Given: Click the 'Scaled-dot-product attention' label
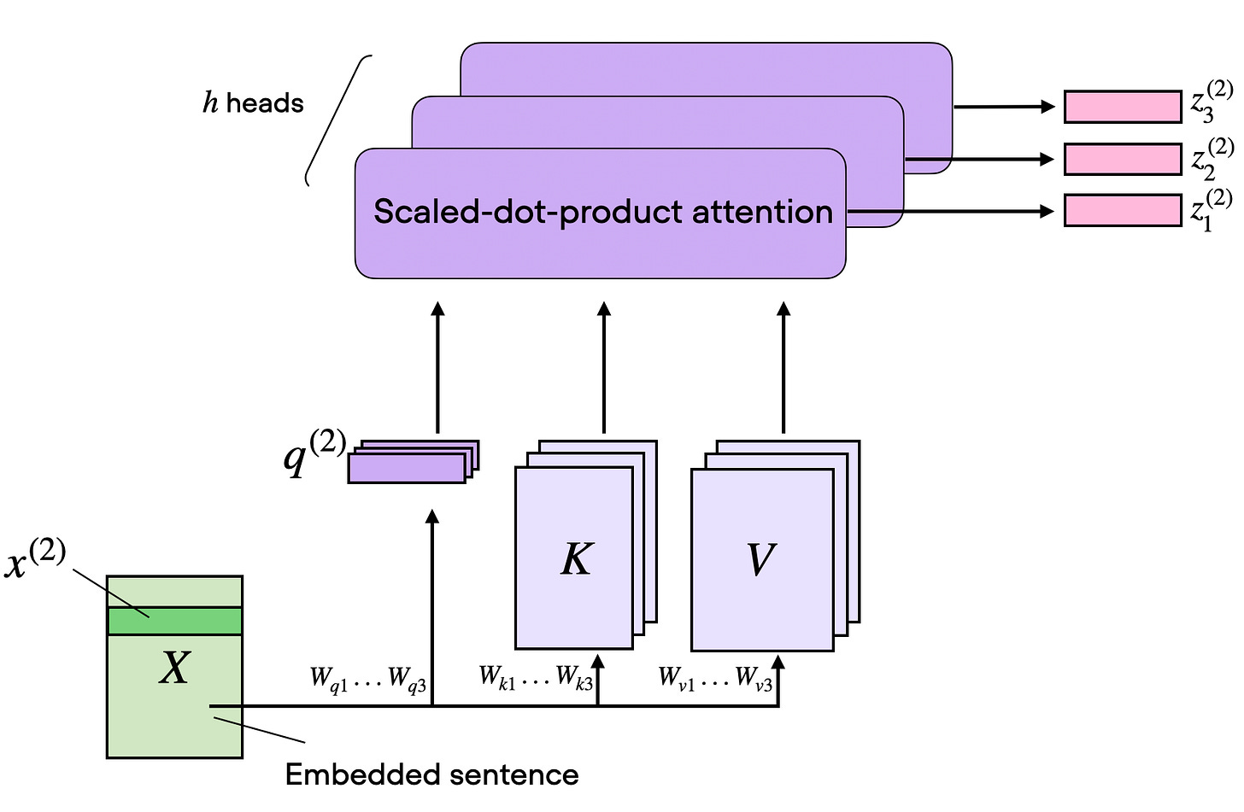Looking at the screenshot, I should point(602,212).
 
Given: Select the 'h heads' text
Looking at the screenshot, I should point(253,103).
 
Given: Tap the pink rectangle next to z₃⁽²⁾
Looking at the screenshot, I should point(1122,107).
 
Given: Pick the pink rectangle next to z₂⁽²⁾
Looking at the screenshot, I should point(1122,159).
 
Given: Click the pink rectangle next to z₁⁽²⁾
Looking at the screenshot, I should point(1122,210).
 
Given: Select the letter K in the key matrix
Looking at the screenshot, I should point(576,560).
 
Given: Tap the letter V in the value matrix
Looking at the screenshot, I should point(760,560).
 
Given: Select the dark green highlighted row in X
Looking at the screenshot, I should point(174,621).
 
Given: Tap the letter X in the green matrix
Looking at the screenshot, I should point(174,668).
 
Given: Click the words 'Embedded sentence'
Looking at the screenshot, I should point(431,775).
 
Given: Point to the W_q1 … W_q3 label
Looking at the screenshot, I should point(368,680).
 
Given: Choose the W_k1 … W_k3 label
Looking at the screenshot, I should point(536,678).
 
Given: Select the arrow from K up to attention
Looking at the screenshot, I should point(603,367).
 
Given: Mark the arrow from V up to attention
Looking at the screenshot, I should point(783,367).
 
